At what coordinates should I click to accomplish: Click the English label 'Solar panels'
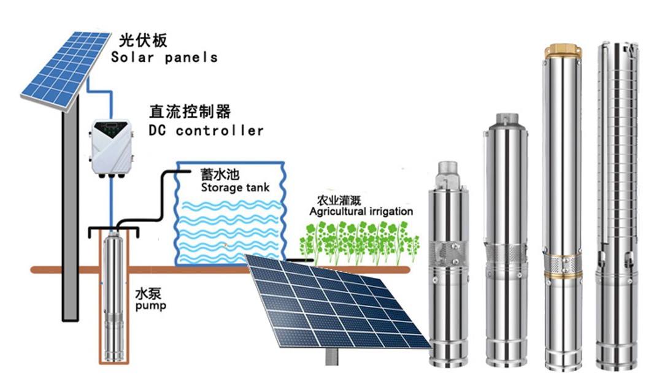[164, 58]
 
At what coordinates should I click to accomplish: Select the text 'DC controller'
[206, 131]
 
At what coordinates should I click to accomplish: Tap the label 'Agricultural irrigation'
[361, 212]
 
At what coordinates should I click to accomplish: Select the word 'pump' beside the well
[151, 305]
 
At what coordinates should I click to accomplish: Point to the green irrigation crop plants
[356, 241]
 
